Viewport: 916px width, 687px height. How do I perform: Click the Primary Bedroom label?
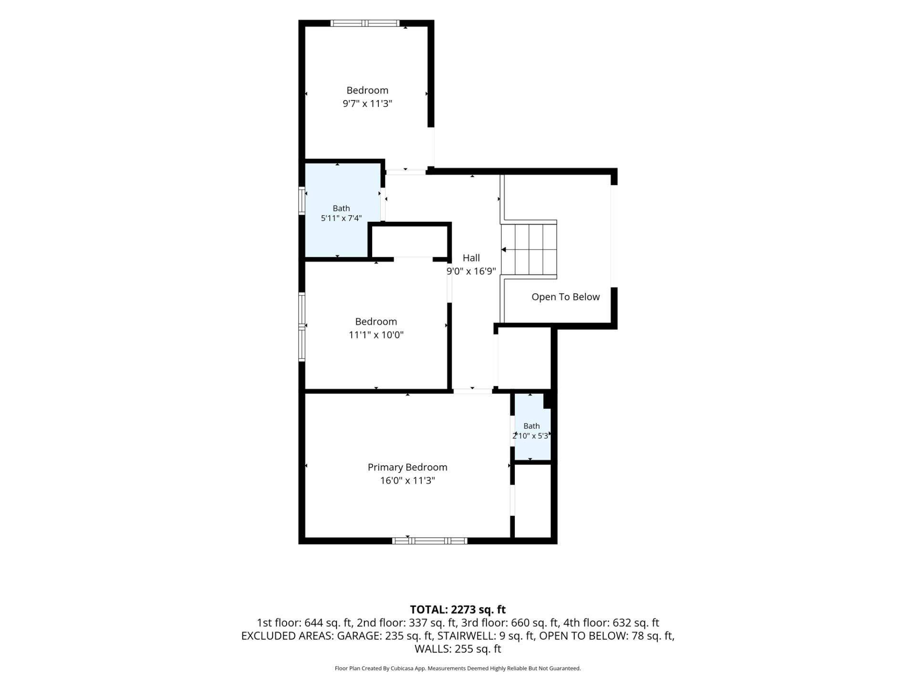pyautogui.click(x=407, y=468)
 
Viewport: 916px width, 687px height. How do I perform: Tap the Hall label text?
pyautogui.click(x=471, y=258)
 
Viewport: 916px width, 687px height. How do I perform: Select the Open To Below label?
pyautogui.click(x=565, y=297)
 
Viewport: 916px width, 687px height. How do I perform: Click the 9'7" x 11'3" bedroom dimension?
pyautogui.click(x=367, y=104)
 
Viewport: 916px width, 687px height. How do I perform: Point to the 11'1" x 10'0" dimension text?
pyautogui.click(x=376, y=335)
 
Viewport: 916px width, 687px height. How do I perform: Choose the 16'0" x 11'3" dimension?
pyautogui.click(x=407, y=480)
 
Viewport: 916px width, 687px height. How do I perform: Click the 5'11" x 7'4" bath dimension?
pyautogui.click(x=341, y=219)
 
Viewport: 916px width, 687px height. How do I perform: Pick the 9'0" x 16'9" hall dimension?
pyautogui.click(x=471, y=271)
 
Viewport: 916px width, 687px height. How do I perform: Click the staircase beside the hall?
pyautogui.click(x=529, y=250)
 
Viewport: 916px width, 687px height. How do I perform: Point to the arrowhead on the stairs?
pyautogui.click(x=503, y=250)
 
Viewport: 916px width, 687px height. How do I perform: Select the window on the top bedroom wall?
pyautogui.click(x=365, y=23)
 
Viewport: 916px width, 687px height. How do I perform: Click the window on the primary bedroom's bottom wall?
pyautogui.click(x=429, y=541)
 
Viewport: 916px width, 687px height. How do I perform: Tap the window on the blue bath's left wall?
pyautogui.click(x=302, y=200)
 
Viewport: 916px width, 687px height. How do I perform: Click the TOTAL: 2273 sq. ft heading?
pyautogui.click(x=458, y=610)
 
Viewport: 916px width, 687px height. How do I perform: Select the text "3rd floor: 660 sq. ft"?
pyautogui.click(x=510, y=623)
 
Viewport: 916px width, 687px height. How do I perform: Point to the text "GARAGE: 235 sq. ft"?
pyautogui.click(x=385, y=636)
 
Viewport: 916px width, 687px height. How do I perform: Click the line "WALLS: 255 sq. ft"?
pyautogui.click(x=458, y=649)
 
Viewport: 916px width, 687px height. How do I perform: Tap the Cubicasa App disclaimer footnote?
pyautogui.click(x=458, y=668)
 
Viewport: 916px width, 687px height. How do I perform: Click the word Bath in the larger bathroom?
pyautogui.click(x=341, y=208)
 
